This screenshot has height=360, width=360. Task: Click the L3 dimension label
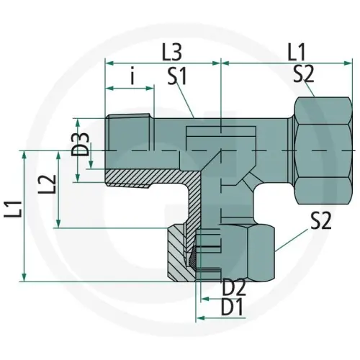click(x=171, y=52)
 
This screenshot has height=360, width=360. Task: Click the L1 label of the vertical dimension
click(x=15, y=214)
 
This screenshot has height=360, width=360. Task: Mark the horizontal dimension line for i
click(x=130, y=89)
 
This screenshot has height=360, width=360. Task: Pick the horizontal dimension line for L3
click(x=163, y=63)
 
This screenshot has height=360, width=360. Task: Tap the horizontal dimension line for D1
click(x=216, y=317)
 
